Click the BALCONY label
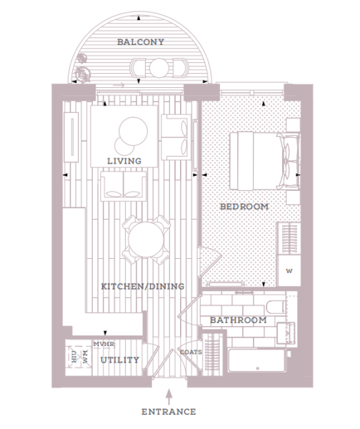pos(141,42)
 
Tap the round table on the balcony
pos(159,68)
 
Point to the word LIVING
pos(124,161)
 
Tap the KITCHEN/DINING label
pos(142,287)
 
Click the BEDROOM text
pos(244,207)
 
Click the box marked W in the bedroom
pos(289,271)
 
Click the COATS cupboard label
pos(191,352)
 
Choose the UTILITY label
pos(119,360)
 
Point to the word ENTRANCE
pos(169,412)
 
